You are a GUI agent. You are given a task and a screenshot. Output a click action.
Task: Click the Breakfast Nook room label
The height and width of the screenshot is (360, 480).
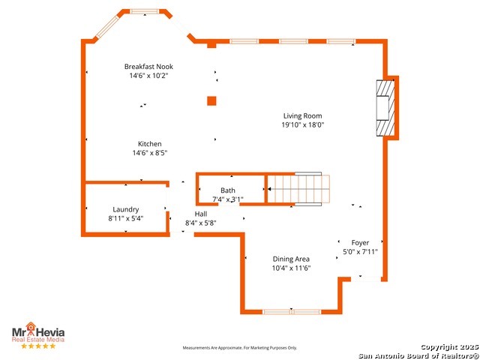tap(148, 67)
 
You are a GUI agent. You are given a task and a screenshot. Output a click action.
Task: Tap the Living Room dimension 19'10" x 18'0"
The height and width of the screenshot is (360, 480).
tap(303, 124)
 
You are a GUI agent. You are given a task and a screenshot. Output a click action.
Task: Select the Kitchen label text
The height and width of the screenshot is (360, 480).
tap(150, 144)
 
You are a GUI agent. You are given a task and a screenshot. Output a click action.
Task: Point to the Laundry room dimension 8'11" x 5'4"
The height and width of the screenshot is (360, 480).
tap(126, 218)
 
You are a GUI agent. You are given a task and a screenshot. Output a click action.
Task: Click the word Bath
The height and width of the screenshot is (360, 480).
tap(228, 190)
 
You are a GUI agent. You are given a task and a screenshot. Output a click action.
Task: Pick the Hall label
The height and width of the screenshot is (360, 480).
tap(201, 214)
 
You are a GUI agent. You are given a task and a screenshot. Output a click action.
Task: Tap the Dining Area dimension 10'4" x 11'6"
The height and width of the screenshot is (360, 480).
tap(292, 268)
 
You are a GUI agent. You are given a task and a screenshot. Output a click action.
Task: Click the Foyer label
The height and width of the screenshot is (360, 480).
tap(360, 243)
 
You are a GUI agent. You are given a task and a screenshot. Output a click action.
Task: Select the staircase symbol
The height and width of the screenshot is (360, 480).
tap(298, 189)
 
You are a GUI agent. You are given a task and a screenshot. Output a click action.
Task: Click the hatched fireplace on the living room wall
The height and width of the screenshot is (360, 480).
tap(385, 108)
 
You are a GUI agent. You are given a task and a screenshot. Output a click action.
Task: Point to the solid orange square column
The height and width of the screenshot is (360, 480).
tap(211, 101)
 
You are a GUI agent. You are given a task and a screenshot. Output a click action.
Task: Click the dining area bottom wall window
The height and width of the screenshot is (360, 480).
tap(292, 312)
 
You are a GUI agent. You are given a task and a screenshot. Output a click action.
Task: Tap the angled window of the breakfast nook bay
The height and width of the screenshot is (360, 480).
tap(107, 27)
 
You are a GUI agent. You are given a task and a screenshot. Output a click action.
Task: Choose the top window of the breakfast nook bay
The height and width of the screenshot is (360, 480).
tap(145, 11)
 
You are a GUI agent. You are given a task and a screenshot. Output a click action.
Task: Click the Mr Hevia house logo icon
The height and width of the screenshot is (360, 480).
tap(30, 326)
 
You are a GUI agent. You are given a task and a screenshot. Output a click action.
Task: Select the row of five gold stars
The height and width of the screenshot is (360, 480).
tap(38, 346)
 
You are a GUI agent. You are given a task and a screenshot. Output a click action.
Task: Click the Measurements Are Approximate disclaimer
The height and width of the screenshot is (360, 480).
tap(240, 348)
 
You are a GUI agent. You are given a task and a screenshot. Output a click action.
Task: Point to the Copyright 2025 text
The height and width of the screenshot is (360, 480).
tap(450, 347)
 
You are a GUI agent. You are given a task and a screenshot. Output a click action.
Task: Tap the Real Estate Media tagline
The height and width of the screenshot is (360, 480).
tap(38, 340)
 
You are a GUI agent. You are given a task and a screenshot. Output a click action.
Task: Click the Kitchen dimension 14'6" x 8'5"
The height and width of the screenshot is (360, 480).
tap(150, 153)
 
